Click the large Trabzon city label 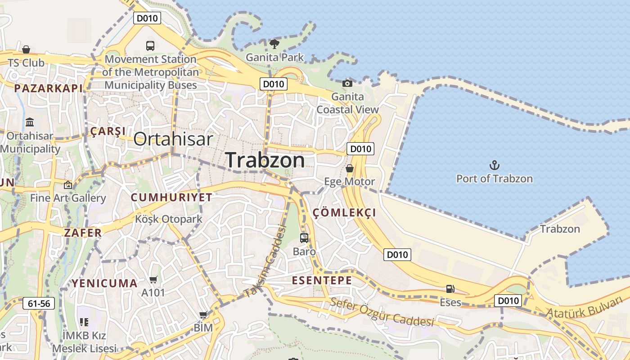click(x=265, y=160)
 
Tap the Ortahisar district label click(x=173, y=139)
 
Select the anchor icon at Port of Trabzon click(x=495, y=165)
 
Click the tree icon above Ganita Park click(x=274, y=44)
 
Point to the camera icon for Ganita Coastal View click(x=347, y=83)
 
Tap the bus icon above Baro click(x=304, y=238)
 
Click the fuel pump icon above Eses click(x=450, y=289)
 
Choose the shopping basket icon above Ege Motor click(x=350, y=168)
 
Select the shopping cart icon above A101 click(x=153, y=280)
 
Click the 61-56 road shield click(x=39, y=303)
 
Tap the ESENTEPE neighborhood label click(x=322, y=280)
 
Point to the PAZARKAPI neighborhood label click(x=49, y=88)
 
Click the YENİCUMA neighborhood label click(x=104, y=283)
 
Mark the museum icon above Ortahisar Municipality click(x=30, y=122)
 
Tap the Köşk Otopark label click(x=169, y=219)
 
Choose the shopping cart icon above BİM click(x=203, y=315)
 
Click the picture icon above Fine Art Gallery click(x=68, y=184)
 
